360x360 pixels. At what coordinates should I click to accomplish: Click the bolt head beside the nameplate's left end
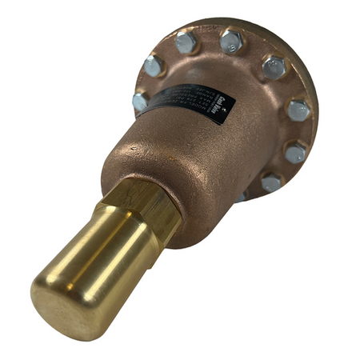tap(141, 102)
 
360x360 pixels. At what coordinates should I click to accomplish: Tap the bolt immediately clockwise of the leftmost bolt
tap(154, 66)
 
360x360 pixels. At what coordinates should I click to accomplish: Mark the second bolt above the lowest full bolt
tap(298, 109)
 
